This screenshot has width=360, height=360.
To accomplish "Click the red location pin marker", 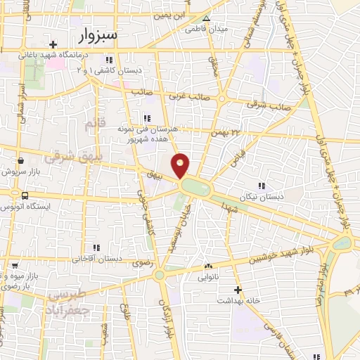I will (x=181, y=165).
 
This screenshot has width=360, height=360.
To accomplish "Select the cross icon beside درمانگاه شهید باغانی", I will (x=53, y=45).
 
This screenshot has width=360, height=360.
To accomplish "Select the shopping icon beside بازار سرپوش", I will (x=20, y=160).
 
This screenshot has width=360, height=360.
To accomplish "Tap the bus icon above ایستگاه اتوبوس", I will (x=25, y=195).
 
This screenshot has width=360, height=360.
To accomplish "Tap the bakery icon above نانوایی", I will (x=207, y=267).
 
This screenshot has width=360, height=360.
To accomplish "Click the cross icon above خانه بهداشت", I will (x=238, y=290).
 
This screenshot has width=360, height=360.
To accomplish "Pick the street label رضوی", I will (x=133, y=259).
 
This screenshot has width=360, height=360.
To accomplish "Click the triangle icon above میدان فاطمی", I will (x=206, y=19).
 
